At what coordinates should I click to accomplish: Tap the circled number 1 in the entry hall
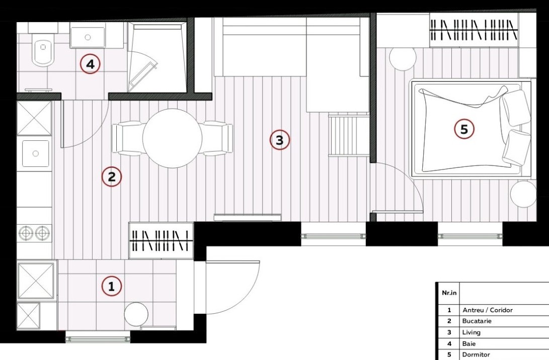(x=112, y=287)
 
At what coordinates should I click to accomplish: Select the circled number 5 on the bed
(x=464, y=129)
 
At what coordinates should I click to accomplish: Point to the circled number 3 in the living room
(x=279, y=140)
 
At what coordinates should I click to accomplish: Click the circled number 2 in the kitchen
(x=112, y=176)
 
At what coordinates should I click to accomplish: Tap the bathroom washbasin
(x=88, y=36)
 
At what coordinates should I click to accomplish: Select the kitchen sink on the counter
(x=35, y=153)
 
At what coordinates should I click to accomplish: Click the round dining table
(x=172, y=138)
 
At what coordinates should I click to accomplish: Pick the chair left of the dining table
(x=127, y=138)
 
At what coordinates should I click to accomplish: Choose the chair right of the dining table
(x=217, y=138)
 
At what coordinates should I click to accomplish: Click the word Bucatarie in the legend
(x=477, y=321)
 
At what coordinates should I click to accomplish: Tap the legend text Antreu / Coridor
(x=488, y=310)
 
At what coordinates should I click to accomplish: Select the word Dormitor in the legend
(x=476, y=354)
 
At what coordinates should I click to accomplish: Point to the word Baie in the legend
(x=469, y=343)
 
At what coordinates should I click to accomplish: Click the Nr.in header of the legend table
(x=449, y=293)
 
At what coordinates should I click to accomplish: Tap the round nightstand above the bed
(x=403, y=58)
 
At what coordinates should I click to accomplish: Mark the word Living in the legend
(x=472, y=332)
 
